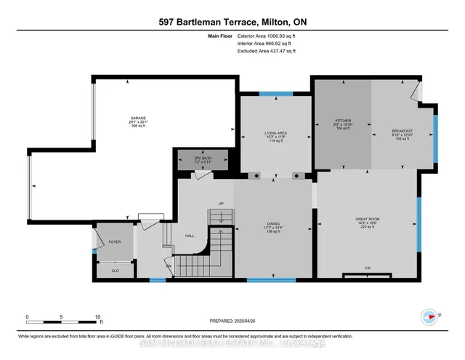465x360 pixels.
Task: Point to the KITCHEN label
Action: pos(343,120)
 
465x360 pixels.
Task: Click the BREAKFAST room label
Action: pos(402,131)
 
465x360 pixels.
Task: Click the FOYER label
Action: pos(114,241)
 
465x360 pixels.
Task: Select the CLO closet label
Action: pos(115,269)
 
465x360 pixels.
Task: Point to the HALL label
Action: pos(189,236)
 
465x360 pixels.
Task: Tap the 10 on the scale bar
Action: pos(97,317)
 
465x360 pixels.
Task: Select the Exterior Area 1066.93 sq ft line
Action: pos(267,36)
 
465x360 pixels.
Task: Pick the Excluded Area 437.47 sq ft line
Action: pos(267,52)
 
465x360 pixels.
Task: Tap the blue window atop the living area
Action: pos(271,93)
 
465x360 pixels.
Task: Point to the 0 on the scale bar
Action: pos(27,317)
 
